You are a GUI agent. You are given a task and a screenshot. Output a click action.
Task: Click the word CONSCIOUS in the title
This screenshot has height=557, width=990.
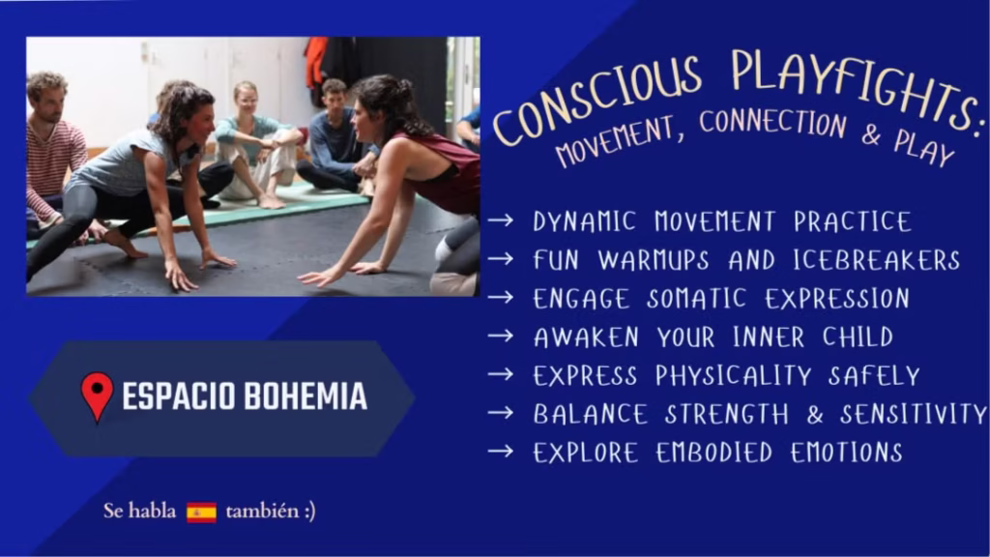coord(597,101)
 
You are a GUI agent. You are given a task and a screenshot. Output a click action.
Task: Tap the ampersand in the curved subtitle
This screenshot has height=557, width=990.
coord(871,133)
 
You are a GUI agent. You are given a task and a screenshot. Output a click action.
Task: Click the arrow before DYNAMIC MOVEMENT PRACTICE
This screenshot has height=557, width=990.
coord(501,220)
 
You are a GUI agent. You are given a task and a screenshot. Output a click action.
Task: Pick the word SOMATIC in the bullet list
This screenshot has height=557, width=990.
coord(697,299)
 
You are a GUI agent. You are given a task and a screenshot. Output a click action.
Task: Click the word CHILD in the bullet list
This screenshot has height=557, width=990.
coord(859,337)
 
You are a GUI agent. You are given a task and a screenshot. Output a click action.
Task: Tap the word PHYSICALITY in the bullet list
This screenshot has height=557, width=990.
coord(733,376)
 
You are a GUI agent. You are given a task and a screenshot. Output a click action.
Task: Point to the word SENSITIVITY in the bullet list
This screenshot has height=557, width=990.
coord(913,414)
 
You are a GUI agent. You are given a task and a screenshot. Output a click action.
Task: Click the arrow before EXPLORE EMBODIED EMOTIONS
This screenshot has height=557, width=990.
coord(501,451)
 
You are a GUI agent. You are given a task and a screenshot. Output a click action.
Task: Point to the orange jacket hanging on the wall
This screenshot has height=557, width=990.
coord(316,62)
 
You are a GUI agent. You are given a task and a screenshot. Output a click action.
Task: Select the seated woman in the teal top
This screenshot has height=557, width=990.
coord(255,144)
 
